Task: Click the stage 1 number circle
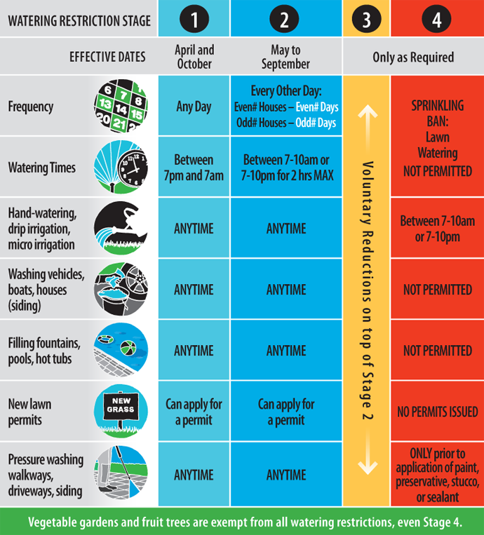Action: point(194,20)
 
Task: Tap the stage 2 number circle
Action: point(285,20)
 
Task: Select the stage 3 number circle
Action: point(366,20)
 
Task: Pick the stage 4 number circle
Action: point(437,20)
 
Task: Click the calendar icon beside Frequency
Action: point(121,107)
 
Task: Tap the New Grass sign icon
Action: point(121,411)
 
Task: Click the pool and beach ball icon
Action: point(121,350)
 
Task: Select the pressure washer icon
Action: point(121,473)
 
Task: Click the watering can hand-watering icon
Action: point(121,228)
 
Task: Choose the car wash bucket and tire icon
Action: point(121,289)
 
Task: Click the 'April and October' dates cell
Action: point(194,57)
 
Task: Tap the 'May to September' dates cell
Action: point(285,57)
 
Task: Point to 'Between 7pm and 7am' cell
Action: point(194,168)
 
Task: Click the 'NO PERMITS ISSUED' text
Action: point(437,412)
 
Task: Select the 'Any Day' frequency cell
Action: point(194,107)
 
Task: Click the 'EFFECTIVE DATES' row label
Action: point(107,57)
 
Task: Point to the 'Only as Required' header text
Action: point(412,57)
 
